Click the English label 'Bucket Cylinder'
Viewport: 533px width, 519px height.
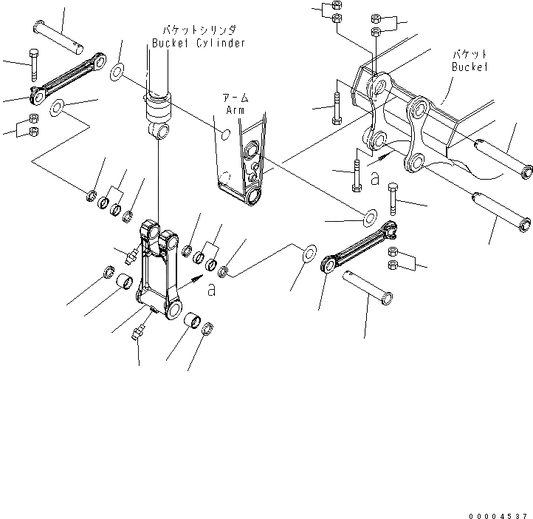[198, 43]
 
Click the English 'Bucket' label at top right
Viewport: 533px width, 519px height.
[469, 67]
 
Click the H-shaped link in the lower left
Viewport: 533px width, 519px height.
[158, 270]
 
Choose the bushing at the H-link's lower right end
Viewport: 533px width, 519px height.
[196, 322]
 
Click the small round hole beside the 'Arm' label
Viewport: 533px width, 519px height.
[227, 134]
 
